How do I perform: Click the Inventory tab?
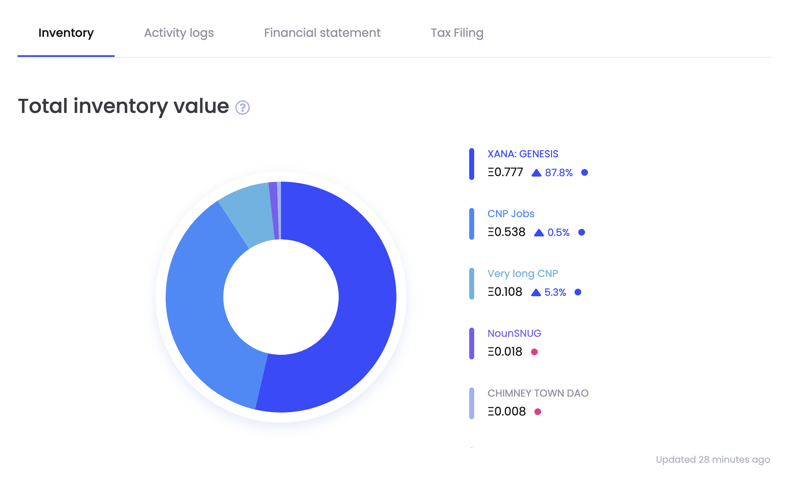pyautogui.click(x=66, y=33)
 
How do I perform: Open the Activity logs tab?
pyautogui.click(x=179, y=33)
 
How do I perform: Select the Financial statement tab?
pyautogui.click(x=322, y=33)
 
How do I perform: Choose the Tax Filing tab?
pyautogui.click(x=457, y=33)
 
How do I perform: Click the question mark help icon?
pyautogui.click(x=243, y=108)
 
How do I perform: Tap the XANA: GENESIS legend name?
pyautogui.click(x=523, y=154)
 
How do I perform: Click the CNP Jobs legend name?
pyautogui.click(x=511, y=214)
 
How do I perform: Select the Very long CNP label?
pyautogui.click(x=522, y=274)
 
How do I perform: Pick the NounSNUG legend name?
pyautogui.click(x=514, y=333)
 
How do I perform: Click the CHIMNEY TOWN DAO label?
pyautogui.click(x=538, y=393)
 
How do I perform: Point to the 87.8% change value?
pyautogui.click(x=559, y=173)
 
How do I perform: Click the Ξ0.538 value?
pyautogui.click(x=506, y=232)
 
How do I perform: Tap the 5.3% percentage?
pyautogui.click(x=555, y=292)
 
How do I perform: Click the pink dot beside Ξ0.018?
pyautogui.click(x=534, y=352)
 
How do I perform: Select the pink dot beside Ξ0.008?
pyautogui.click(x=538, y=412)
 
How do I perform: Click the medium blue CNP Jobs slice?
pyautogui.click(x=201, y=318)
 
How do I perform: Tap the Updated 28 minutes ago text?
pyautogui.click(x=713, y=459)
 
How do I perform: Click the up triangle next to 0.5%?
pyautogui.click(x=539, y=233)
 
